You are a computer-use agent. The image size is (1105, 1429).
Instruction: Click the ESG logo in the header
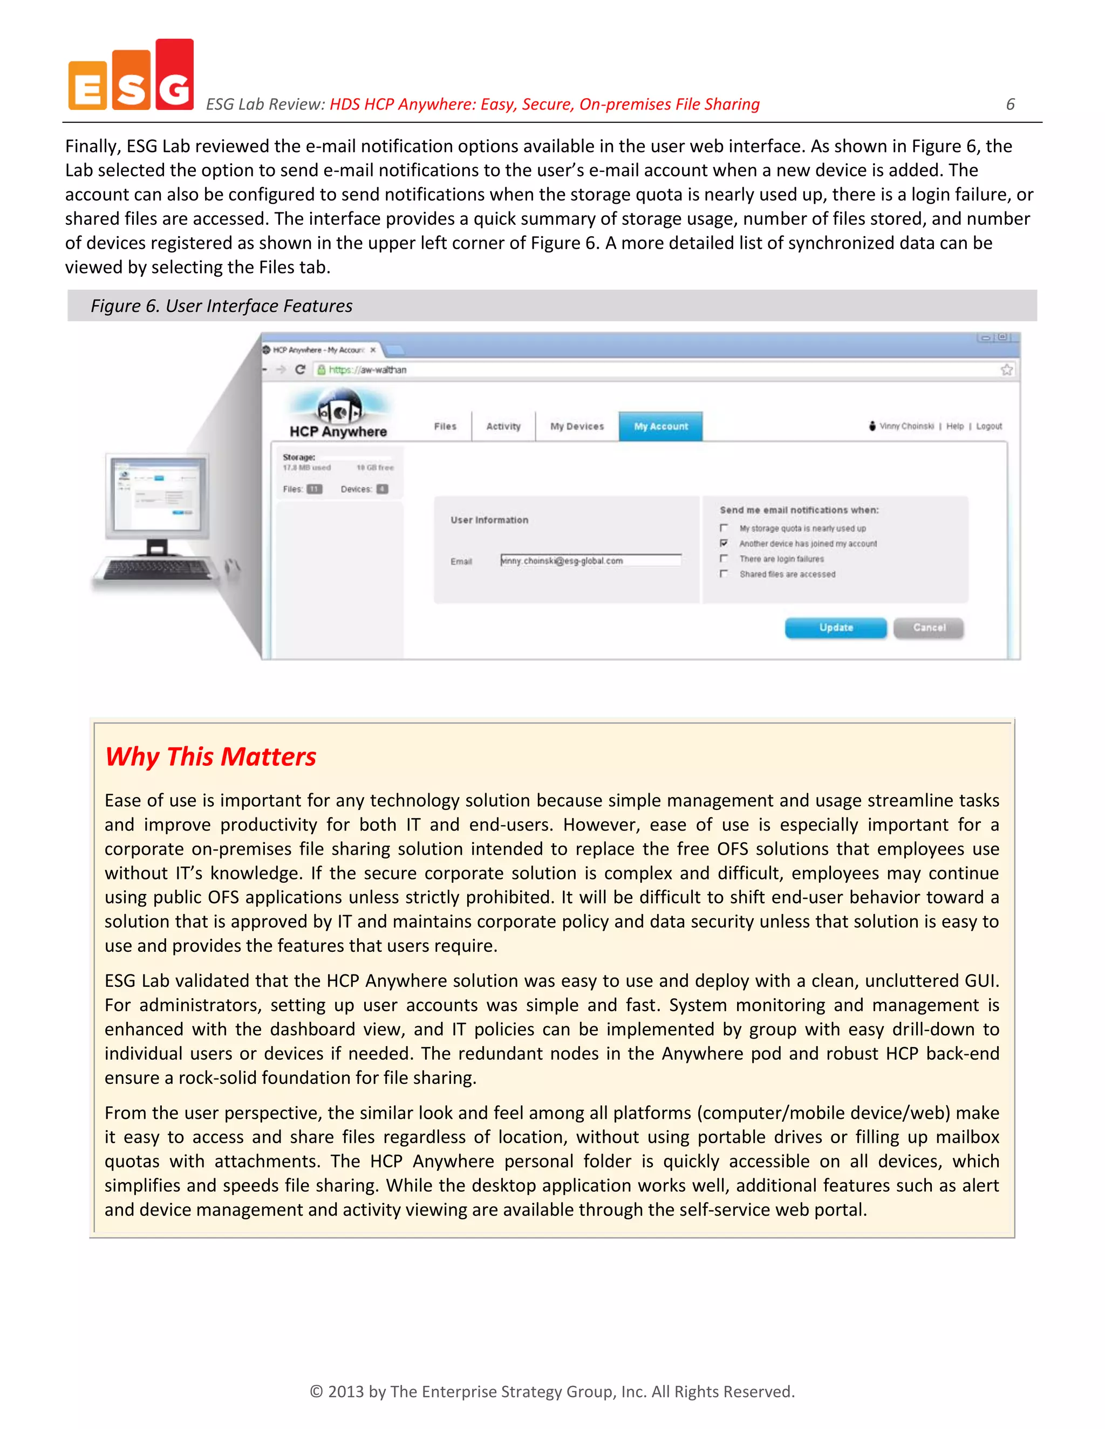[x=131, y=75]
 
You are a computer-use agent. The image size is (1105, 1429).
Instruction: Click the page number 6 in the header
[x=1010, y=104]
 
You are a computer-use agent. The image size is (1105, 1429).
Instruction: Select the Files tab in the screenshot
[x=445, y=426]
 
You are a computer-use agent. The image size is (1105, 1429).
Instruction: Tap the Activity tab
[x=503, y=426]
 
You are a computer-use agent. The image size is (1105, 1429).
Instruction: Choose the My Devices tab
[x=577, y=426]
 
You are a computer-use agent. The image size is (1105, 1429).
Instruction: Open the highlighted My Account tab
[x=660, y=426]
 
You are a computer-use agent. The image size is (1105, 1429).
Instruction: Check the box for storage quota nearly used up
[x=724, y=527]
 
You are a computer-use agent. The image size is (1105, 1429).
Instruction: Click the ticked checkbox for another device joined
[x=724, y=543]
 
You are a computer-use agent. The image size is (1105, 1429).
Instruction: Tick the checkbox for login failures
[x=724, y=558]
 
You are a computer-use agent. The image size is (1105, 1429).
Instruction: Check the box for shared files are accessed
[x=724, y=574]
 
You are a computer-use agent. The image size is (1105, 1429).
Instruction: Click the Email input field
[x=590, y=560]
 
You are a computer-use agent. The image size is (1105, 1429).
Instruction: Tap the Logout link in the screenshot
[x=988, y=426]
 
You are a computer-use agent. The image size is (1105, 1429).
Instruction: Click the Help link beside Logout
[x=954, y=426]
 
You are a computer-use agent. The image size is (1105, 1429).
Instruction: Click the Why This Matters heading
[x=211, y=757]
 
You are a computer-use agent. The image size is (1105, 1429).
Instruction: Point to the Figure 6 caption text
[x=221, y=306]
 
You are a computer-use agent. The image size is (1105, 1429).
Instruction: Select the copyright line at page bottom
[x=552, y=1391]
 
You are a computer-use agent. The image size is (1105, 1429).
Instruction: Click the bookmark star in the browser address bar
[x=1006, y=370]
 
